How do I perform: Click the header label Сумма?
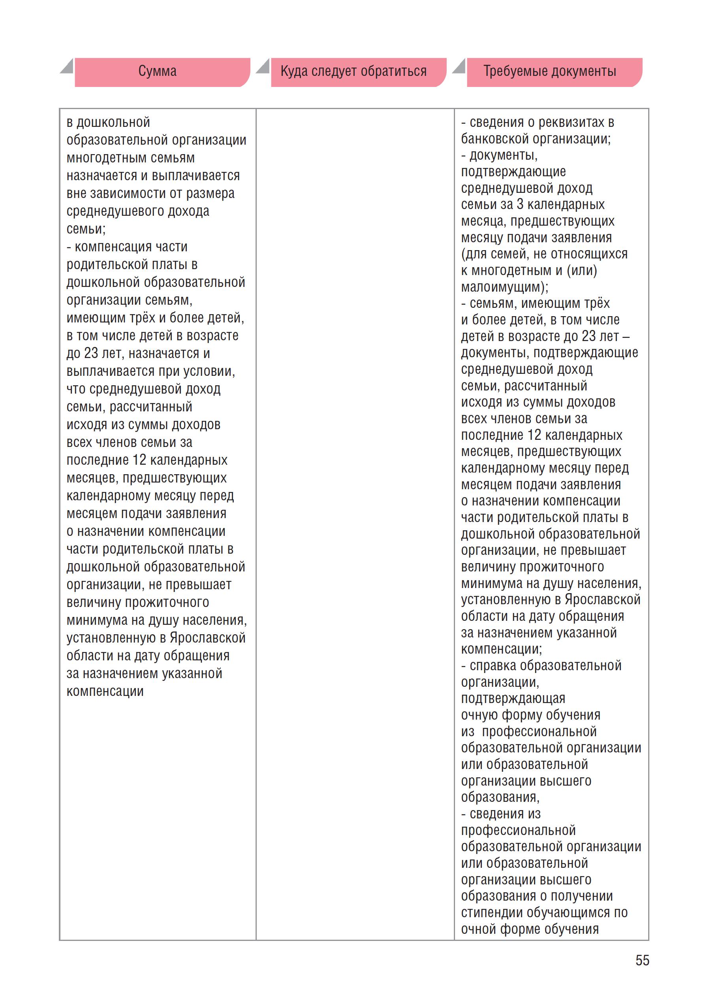tap(157, 71)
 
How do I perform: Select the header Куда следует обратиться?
tap(353, 71)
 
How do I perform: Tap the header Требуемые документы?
tap(549, 71)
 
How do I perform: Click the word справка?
tap(493, 666)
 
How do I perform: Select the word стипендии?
tap(492, 912)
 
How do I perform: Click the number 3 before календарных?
tap(520, 204)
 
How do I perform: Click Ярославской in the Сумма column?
tap(208, 638)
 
